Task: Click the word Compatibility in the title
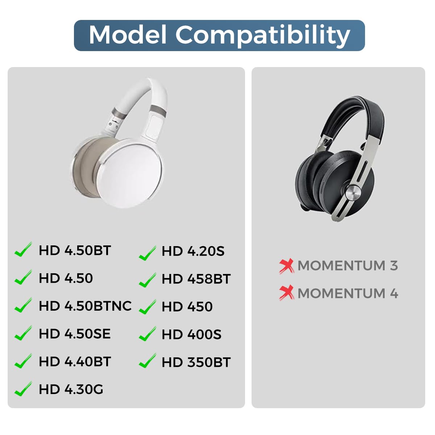(263, 36)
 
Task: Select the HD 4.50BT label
(75, 250)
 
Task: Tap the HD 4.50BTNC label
(85, 306)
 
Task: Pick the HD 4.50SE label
(75, 334)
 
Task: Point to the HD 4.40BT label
(75, 361)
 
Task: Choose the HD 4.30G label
(71, 389)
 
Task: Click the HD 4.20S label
(193, 251)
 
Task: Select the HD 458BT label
(196, 279)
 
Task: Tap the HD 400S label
(191, 335)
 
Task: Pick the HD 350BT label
(196, 362)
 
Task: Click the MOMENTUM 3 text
(348, 266)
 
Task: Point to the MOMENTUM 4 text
(348, 293)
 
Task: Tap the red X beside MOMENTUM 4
(287, 293)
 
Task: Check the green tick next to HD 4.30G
(23, 389)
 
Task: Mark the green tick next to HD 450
(147, 307)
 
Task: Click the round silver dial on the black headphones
(352, 193)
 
